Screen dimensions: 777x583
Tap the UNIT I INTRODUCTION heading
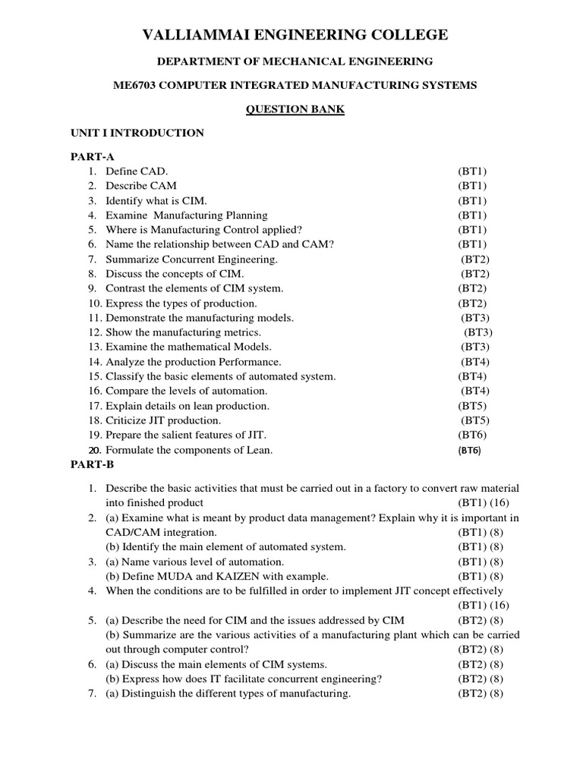137,133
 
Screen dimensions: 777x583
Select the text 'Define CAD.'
137,171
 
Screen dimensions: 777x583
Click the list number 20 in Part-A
94,449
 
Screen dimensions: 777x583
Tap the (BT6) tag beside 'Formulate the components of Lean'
470,450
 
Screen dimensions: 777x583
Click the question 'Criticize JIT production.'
163,420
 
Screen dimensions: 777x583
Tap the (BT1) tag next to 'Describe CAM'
472,186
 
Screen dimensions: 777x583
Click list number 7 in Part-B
91,694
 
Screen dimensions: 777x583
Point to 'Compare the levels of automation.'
186,391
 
